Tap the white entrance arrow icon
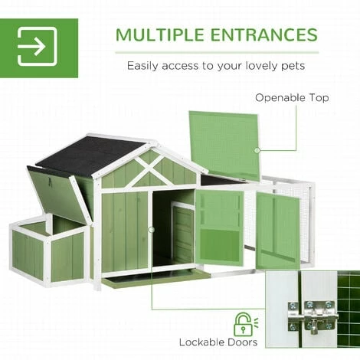38,47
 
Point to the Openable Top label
292,98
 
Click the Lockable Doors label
218,342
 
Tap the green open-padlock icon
244,324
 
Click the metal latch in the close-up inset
313,316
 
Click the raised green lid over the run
224,143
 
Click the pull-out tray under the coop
156,280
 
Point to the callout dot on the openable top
257,151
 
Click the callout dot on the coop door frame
152,230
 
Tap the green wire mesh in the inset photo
349,309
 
